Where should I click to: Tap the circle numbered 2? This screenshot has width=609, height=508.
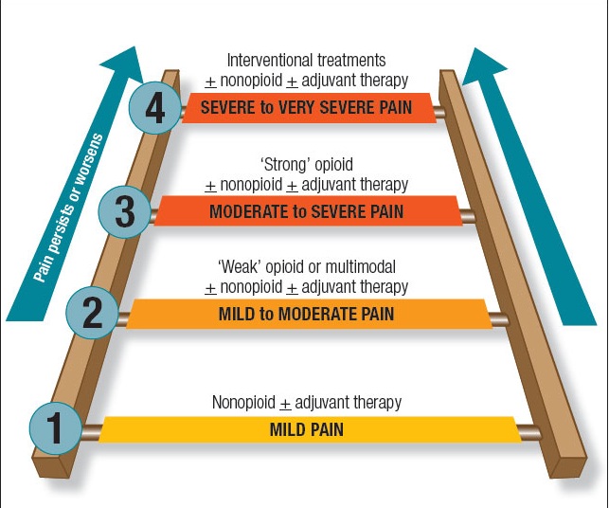click(92, 312)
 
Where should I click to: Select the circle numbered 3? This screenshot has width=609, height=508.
click(124, 211)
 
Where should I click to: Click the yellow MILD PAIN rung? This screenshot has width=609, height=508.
click(307, 429)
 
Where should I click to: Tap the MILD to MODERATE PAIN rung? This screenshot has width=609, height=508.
click(307, 313)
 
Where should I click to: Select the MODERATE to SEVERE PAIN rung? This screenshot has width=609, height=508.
click(307, 211)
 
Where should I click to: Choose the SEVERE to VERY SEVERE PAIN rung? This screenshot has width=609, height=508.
click(307, 107)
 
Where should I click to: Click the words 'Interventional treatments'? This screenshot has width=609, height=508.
click(307, 59)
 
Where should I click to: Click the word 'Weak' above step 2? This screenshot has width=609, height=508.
click(236, 266)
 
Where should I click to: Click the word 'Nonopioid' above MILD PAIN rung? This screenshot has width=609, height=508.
click(244, 402)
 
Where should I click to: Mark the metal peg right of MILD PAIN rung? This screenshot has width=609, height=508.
click(529, 434)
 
